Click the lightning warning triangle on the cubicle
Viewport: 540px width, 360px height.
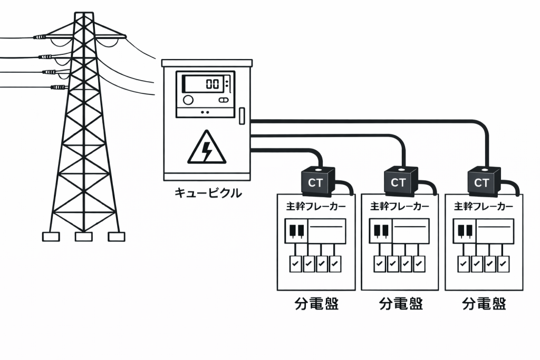[207, 148]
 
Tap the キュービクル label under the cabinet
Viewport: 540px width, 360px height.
[208, 193]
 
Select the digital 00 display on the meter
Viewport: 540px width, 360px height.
[212, 84]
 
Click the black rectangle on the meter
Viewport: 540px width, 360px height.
[207, 100]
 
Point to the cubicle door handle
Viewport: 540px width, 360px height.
[242, 115]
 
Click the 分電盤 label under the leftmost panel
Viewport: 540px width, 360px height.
[316, 304]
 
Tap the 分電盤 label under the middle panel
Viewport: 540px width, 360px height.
[401, 304]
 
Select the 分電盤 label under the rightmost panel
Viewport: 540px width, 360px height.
[484, 304]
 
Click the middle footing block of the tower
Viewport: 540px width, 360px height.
[84, 237]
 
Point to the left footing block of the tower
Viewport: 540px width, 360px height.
[51, 237]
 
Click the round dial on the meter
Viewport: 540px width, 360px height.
[188, 100]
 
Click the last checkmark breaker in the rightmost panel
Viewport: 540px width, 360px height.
[504, 262]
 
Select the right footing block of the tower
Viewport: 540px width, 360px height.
[117, 237]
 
